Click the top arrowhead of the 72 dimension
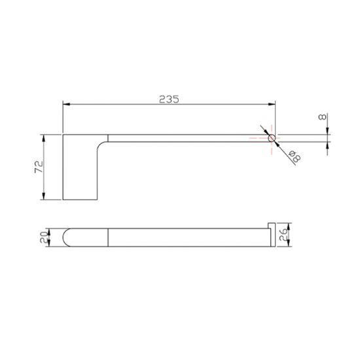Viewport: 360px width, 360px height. (43, 137)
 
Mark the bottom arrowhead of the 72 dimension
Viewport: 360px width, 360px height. (43, 198)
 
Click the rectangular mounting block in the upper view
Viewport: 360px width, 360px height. (79, 168)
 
